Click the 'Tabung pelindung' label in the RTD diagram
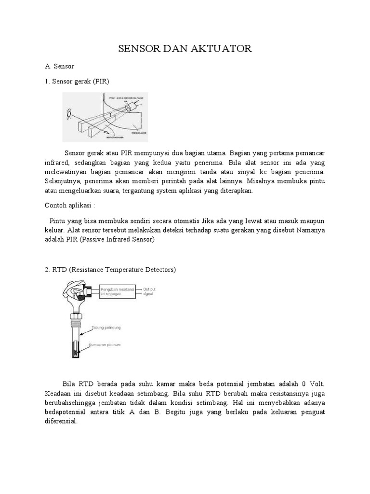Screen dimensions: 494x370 coord(106,328)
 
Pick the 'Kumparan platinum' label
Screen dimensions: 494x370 coord(107,346)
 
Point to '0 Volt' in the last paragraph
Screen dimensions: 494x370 coord(313,384)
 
